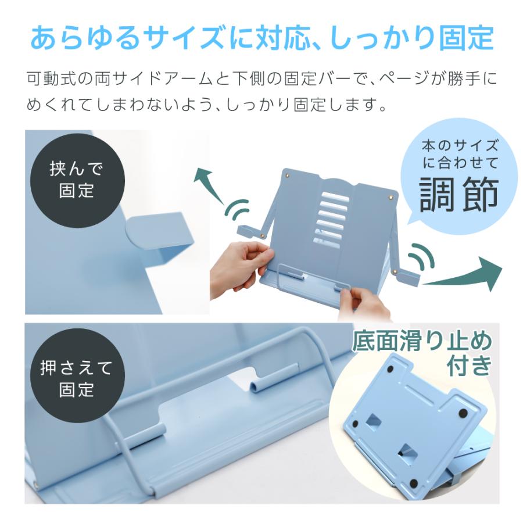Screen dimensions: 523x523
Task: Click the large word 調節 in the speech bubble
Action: click(458, 195)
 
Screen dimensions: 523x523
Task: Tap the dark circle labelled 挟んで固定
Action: click(77, 181)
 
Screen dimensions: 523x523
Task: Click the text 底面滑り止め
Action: click(422, 341)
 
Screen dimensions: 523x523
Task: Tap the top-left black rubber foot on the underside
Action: click(391, 370)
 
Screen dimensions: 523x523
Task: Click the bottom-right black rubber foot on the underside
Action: click(414, 483)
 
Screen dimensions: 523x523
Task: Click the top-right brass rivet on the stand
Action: click(391, 198)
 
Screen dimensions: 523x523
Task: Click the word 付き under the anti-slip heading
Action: click(470, 366)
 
